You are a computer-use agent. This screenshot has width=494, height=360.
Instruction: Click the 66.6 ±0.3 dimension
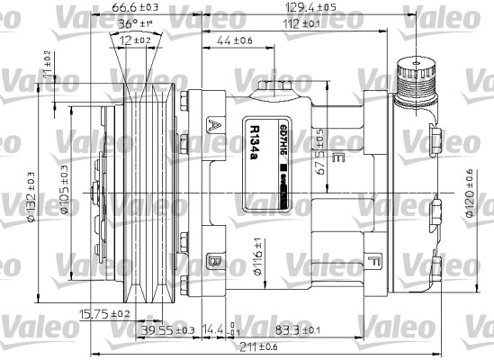[x=131, y=8]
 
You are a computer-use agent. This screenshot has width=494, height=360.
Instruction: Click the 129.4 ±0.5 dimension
[x=338, y=8]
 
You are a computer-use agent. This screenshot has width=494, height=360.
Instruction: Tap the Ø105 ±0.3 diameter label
[x=65, y=189]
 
